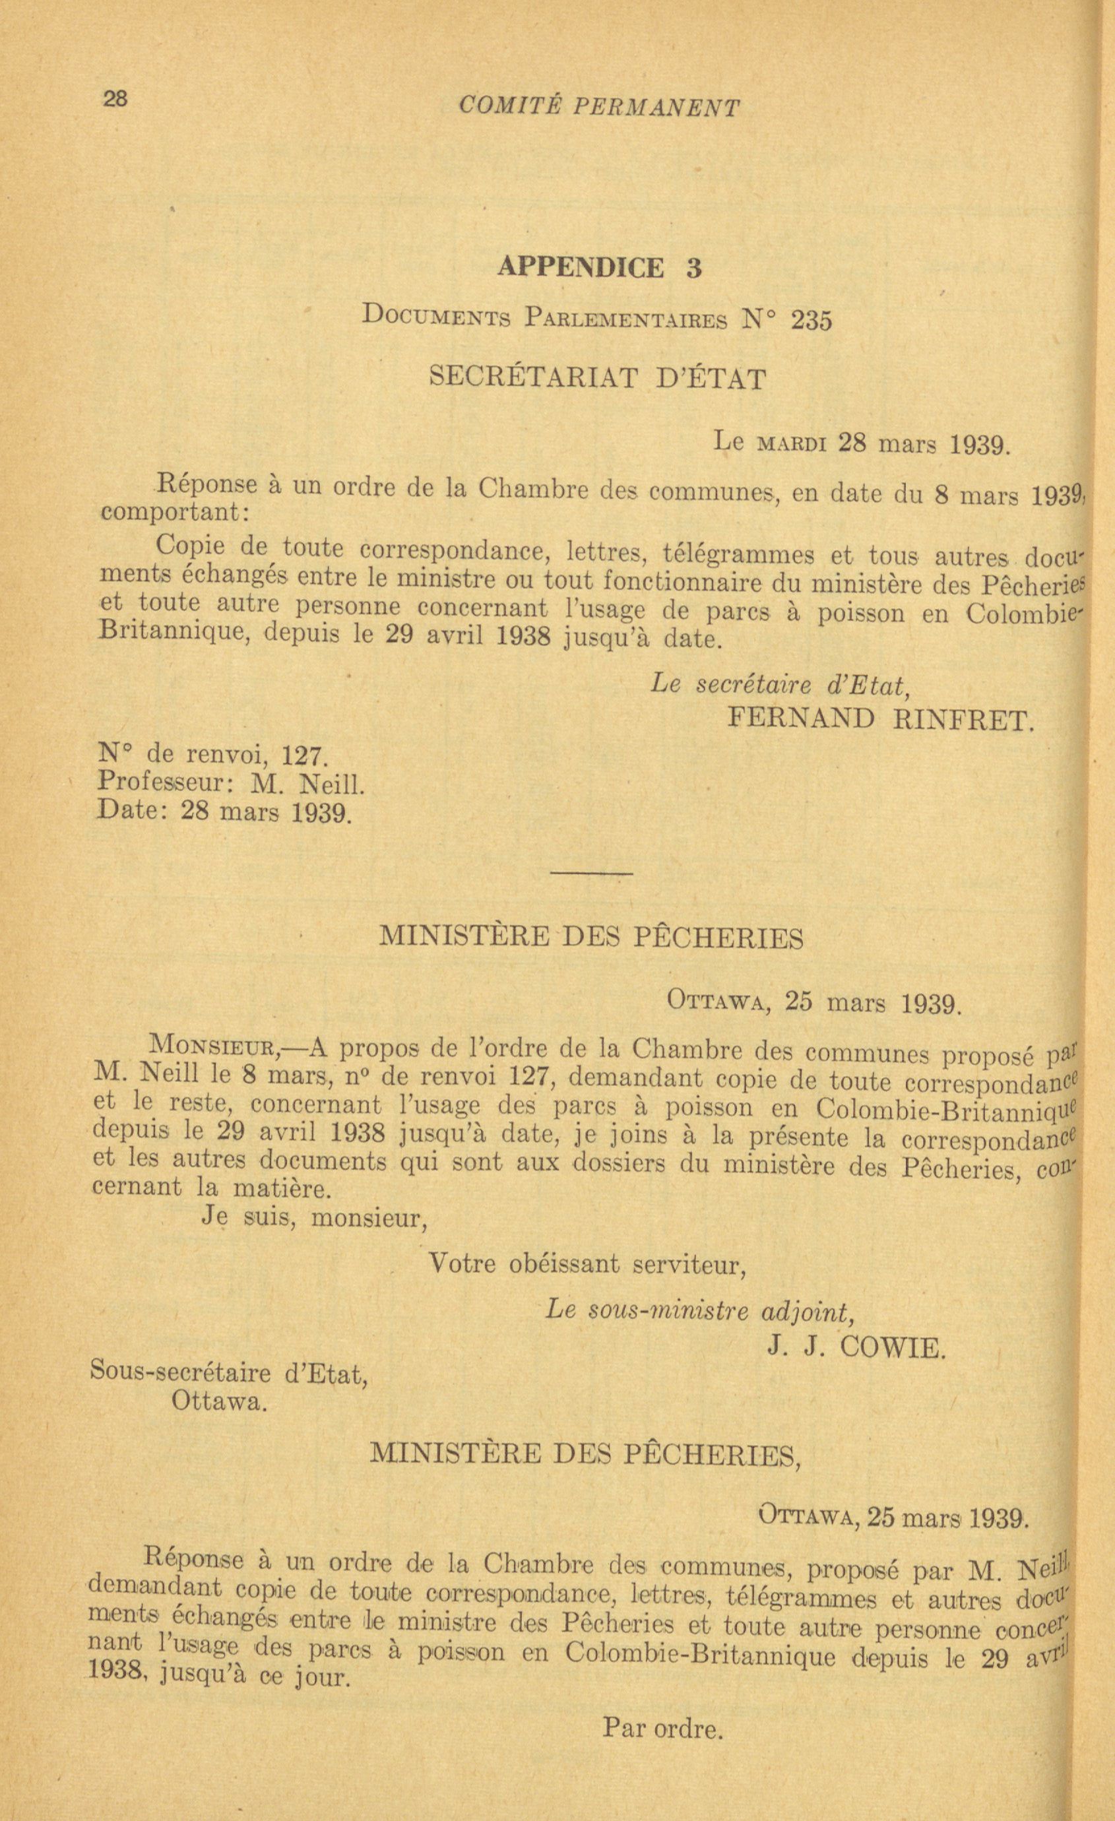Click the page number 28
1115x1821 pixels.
point(115,98)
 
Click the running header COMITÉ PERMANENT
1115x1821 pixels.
point(598,108)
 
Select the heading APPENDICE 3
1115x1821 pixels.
point(599,267)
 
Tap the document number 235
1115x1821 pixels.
point(811,321)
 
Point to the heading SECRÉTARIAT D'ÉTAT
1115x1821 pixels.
point(597,379)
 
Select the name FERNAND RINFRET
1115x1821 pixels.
point(881,719)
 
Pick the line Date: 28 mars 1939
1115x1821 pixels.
point(223,812)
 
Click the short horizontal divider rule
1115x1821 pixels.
point(591,874)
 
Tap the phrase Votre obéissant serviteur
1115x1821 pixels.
point(588,1265)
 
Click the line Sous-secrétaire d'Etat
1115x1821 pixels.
point(229,1373)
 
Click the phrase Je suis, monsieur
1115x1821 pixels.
point(315,1218)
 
